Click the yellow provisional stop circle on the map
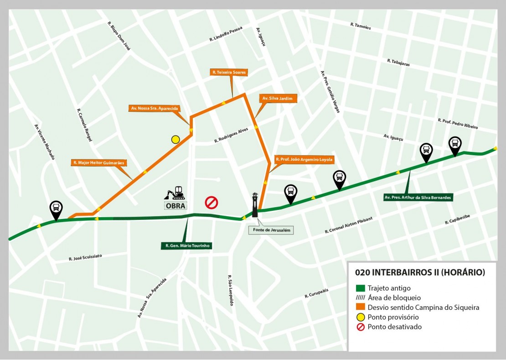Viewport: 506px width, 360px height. point(176,140)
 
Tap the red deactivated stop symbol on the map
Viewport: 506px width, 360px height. point(212,203)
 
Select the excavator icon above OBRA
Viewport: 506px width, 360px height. point(175,193)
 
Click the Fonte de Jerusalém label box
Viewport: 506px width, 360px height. point(271,230)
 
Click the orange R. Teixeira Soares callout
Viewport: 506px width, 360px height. point(229,72)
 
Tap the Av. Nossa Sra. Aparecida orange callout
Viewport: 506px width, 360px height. point(155,109)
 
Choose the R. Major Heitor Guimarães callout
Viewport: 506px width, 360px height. point(98,162)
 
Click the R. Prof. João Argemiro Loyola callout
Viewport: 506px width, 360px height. point(304,160)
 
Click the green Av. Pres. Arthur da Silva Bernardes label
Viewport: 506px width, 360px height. point(418,198)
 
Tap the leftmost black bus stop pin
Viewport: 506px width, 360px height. point(56,210)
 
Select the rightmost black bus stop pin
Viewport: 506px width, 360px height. point(455,145)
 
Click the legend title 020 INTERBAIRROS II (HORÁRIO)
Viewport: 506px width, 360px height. point(420,272)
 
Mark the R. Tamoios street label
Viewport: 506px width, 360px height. point(361,26)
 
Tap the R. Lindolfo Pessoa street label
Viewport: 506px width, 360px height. point(226,34)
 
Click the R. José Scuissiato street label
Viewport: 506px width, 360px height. point(85,258)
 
